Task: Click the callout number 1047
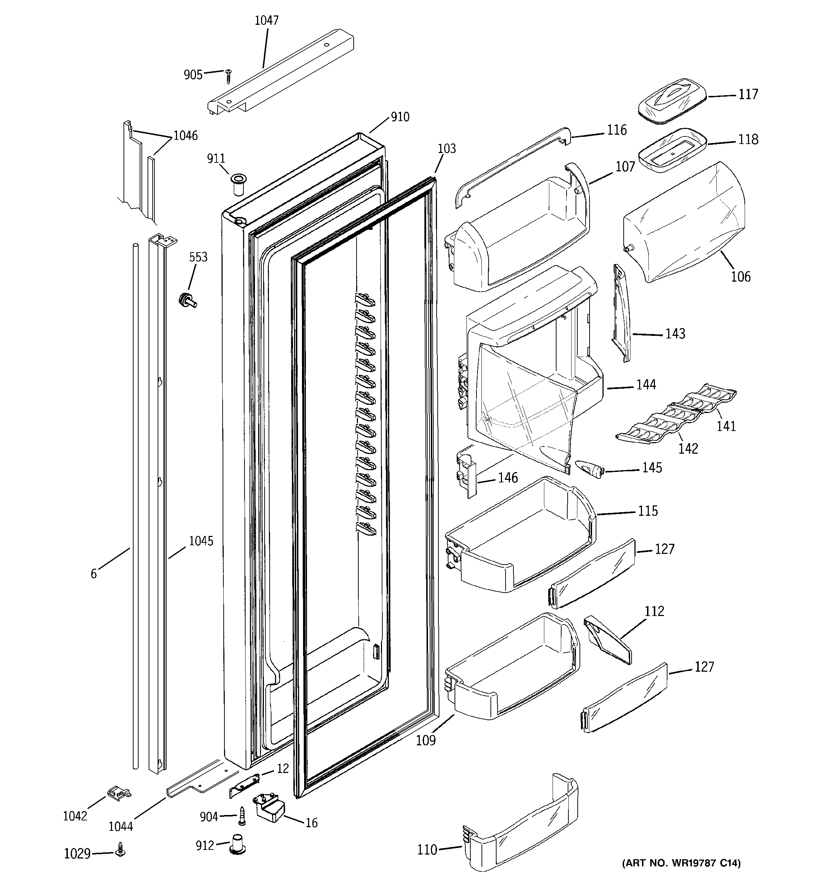tap(266, 20)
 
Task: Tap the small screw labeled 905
tap(228, 76)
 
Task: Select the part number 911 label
tap(216, 159)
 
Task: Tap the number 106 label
tap(740, 277)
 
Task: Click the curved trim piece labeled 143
tap(621, 312)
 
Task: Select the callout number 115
tap(647, 511)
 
